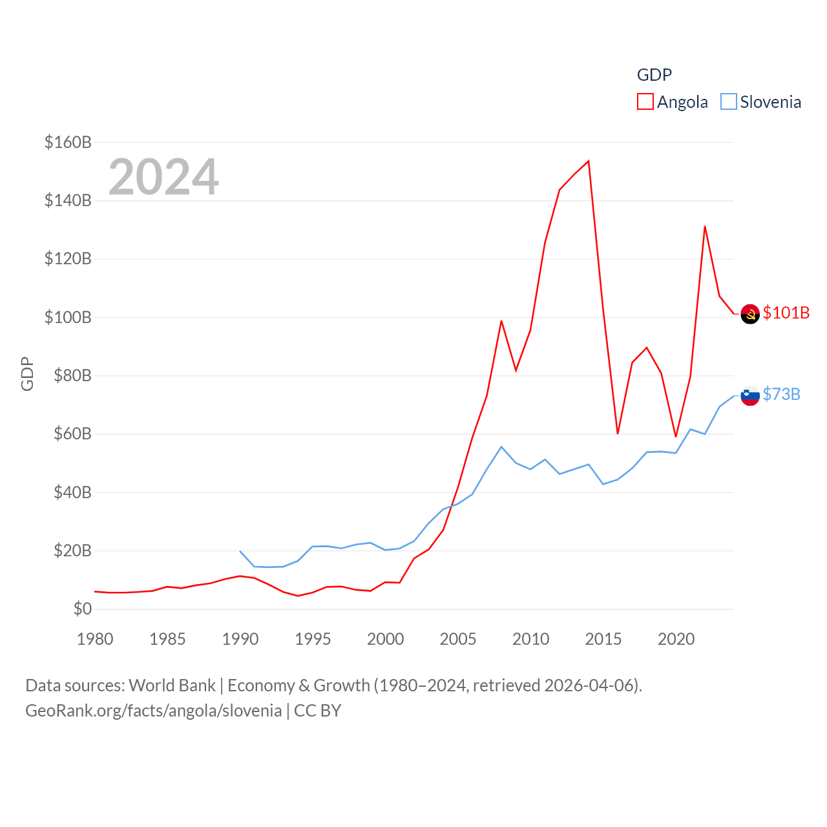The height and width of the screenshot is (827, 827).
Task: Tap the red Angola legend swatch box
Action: (645, 102)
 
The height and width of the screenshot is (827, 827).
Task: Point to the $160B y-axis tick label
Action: (68, 142)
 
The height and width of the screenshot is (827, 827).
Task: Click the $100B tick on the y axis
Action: (68, 317)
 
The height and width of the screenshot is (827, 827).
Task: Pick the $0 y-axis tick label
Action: (82, 609)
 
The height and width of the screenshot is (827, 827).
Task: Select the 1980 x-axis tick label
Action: (95, 639)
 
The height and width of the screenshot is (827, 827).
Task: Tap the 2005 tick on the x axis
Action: (458, 639)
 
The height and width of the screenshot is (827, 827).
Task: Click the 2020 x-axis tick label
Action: (676, 639)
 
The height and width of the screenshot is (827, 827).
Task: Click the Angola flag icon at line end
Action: (750, 314)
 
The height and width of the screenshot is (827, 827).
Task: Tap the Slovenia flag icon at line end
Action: (750, 395)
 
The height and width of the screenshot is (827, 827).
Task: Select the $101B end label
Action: (786, 313)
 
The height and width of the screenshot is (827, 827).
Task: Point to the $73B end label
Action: (782, 394)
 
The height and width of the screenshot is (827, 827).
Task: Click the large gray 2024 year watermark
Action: (163, 177)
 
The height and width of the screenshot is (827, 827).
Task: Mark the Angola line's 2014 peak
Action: (589, 161)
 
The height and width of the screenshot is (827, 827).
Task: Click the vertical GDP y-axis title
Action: (27, 373)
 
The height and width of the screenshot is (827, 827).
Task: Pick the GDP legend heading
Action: (654, 75)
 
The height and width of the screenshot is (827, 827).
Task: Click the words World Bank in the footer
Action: (172, 685)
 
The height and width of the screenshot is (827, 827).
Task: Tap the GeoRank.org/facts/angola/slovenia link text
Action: (154, 711)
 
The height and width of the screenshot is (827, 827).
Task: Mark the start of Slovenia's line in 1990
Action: (240, 551)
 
